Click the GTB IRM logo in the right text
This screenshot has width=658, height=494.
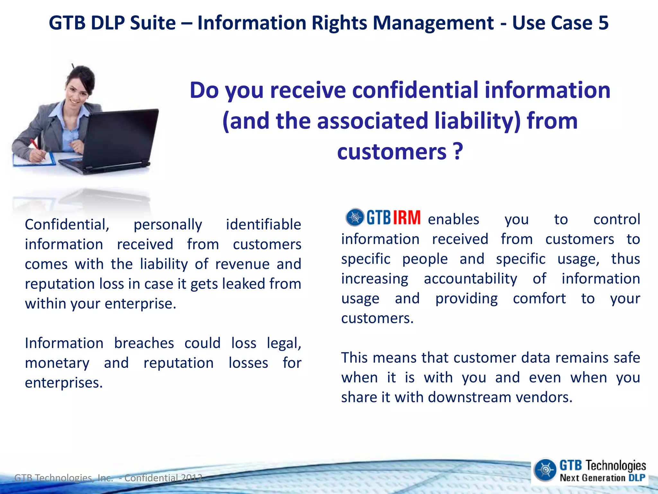point(383,217)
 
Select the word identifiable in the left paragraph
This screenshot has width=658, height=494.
point(263,224)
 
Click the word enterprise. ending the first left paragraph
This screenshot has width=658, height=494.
point(140,304)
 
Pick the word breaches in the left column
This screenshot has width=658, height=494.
point(144,343)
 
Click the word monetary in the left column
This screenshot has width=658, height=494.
point(57,363)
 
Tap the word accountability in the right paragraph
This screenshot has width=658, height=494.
point(470,279)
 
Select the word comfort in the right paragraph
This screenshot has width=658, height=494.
point(539,298)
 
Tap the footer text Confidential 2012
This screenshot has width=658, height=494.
point(164,478)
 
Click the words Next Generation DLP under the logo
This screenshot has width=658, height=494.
point(602,478)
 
